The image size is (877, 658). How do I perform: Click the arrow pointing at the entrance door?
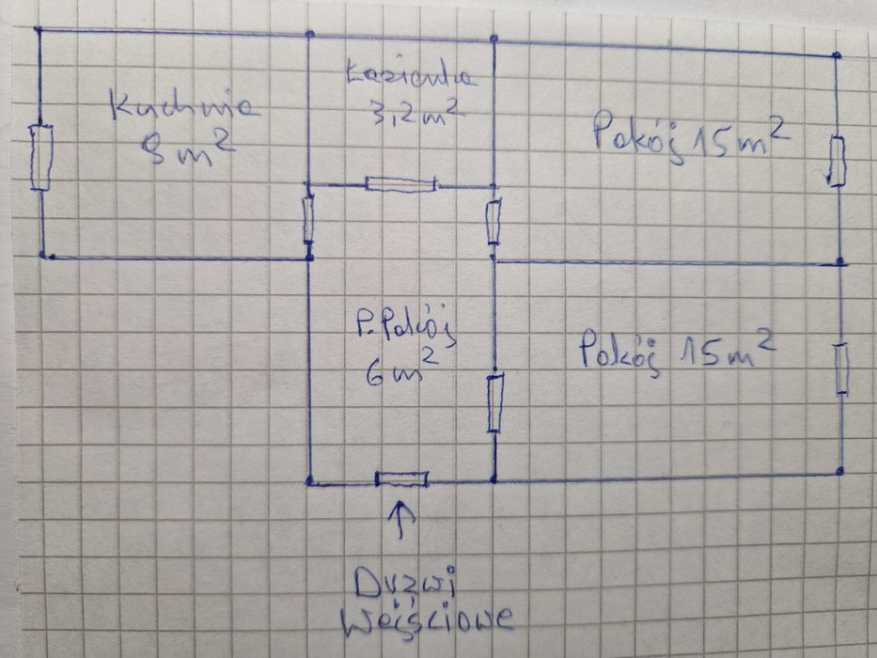coord(401,519)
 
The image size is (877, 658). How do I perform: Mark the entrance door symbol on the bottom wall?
coord(401,480)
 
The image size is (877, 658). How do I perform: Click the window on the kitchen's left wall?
coord(40,156)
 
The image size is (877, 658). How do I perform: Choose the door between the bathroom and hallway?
coord(401,183)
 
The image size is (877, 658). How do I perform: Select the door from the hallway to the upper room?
coord(493,222)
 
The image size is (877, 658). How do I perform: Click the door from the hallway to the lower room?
coord(494,402)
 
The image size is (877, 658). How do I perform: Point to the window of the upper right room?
coord(838,160)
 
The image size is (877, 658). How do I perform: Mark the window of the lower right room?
coord(841,368)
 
